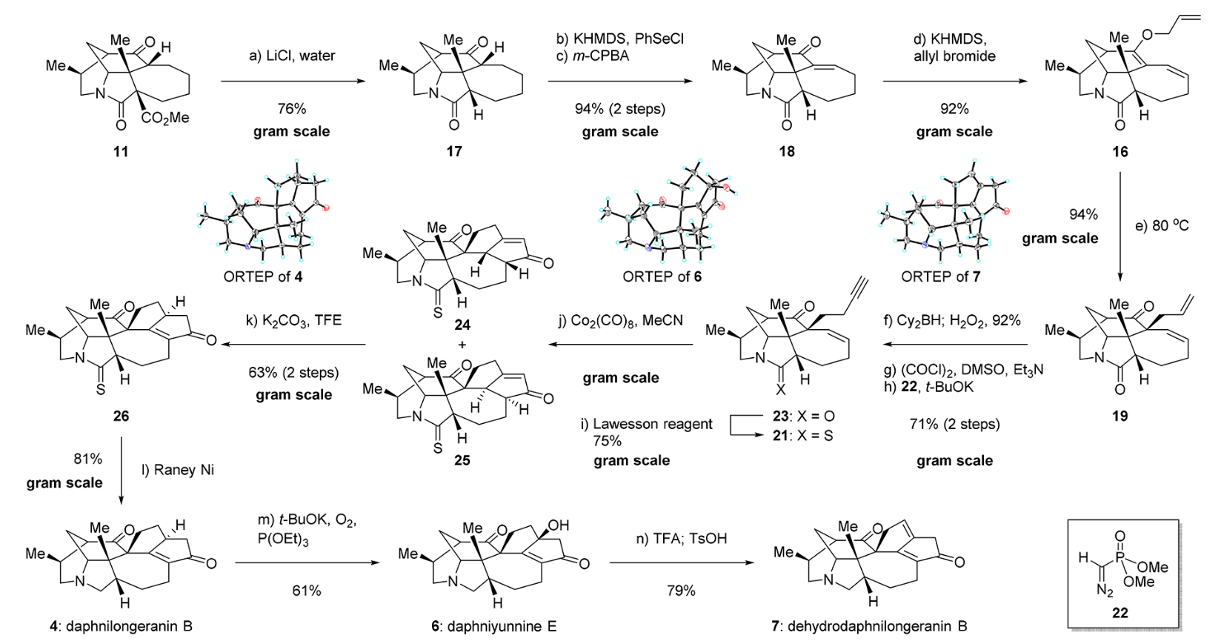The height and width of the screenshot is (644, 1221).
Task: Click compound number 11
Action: [120, 151]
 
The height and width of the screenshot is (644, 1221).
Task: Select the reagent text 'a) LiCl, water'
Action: [292, 56]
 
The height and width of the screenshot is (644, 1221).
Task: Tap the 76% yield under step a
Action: [291, 109]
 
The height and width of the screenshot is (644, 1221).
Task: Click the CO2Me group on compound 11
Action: [165, 118]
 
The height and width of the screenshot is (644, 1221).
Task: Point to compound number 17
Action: [454, 151]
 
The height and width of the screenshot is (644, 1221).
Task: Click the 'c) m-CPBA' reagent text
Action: [593, 56]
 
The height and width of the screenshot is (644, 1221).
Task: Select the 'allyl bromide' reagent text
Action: [954, 56]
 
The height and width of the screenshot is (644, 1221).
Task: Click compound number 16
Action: [1119, 151]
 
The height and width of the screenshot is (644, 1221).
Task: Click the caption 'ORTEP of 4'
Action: [263, 276]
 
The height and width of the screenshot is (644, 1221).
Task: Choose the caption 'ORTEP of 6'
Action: [662, 276]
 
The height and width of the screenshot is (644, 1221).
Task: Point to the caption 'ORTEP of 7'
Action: [940, 276]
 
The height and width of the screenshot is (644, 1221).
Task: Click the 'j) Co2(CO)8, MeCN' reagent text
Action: [621, 321]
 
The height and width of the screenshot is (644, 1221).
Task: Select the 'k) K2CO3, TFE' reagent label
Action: [293, 321]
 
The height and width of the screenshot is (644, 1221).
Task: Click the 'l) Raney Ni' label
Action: [178, 470]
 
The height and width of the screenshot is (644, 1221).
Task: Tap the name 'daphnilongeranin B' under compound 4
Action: [129, 626]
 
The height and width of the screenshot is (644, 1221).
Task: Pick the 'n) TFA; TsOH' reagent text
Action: [681, 539]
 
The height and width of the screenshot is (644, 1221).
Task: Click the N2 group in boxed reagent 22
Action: [1105, 591]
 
